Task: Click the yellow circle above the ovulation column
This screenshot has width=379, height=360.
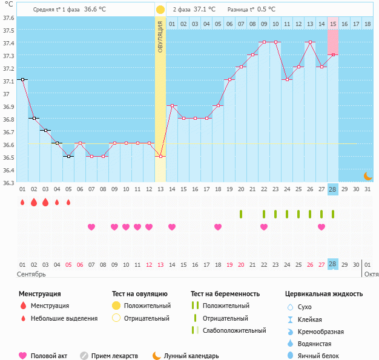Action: pos(160,10)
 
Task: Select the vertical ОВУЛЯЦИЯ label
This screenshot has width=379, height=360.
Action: pos(160,36)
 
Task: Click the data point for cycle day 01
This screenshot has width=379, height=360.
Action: pos(22,79)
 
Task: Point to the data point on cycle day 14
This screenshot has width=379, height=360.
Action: pos(172,105)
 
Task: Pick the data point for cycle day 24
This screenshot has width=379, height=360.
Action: pos(287,79)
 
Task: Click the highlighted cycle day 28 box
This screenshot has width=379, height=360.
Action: pos(333,189)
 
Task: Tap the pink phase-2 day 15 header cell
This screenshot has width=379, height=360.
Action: pos(333,24)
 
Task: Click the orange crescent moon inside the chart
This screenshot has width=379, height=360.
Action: pos(367,175)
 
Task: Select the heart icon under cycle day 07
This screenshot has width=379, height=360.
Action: pos(91,227)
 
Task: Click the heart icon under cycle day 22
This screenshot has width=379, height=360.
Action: pos(264,227)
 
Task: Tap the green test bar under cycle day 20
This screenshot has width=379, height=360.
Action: pos(241,214)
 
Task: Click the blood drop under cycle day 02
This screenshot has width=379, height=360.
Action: pos(34,202)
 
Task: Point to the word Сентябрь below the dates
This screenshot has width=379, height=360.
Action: pos(31,275)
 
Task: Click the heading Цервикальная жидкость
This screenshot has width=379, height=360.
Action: pos(324,294)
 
